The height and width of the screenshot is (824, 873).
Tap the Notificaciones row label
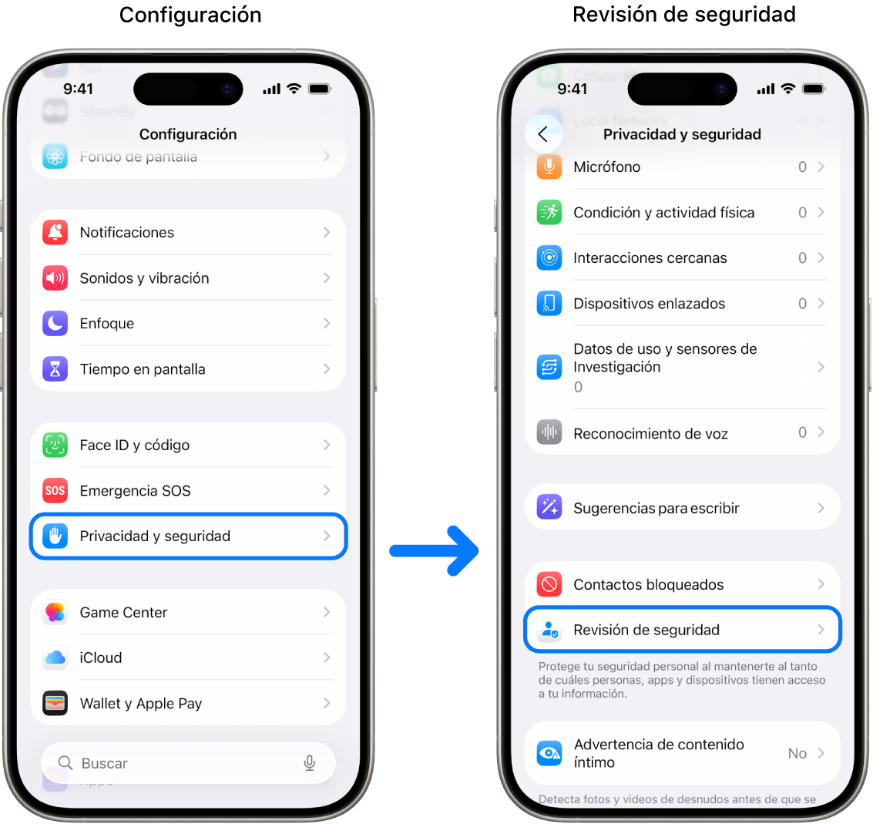click(127, 233)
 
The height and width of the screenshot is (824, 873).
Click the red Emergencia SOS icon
click(55, 490)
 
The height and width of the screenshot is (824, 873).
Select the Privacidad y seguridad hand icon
click(55, 536)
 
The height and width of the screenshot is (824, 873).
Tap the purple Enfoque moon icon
click(55, 324)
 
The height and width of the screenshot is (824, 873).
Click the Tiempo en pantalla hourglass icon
click(55, 369)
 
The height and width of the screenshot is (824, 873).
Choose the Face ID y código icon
click(55, 445)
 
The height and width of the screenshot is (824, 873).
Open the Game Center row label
click(123, 613)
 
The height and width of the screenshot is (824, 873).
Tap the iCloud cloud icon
click(55, 658)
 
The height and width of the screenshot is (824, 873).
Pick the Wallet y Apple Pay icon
click(55, 703)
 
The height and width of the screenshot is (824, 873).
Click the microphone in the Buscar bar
click(310, 763)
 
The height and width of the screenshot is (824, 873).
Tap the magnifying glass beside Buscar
click(65, 763)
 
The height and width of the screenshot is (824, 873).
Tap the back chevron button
click(543, 134)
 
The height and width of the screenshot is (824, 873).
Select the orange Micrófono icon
click(549, 167)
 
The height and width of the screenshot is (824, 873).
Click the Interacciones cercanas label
click(650, 258)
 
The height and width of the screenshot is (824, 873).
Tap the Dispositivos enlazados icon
click(549, 304)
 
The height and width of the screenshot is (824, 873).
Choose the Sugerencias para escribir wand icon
click(549, 507)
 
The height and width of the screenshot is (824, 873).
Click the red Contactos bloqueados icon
click(549, 584)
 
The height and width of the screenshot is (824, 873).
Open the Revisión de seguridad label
click(646, 631)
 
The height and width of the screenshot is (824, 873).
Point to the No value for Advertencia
click(797, 754)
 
